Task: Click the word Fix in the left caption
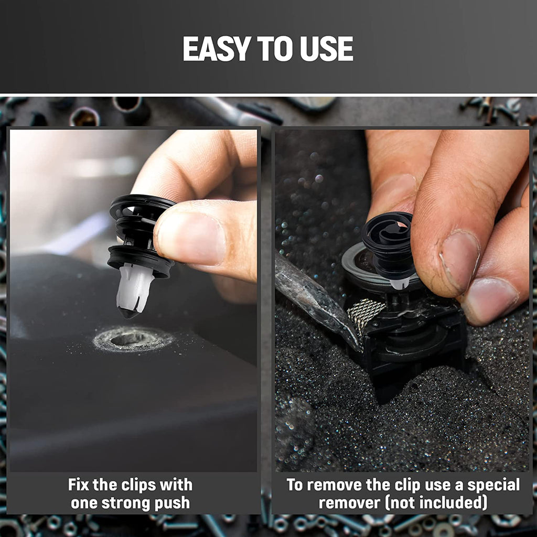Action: point(79,485)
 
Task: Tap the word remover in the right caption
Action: point(349,503)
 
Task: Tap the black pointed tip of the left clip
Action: point(128,313)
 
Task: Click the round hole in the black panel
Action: point(129,339)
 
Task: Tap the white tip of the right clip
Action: point(399,283)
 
